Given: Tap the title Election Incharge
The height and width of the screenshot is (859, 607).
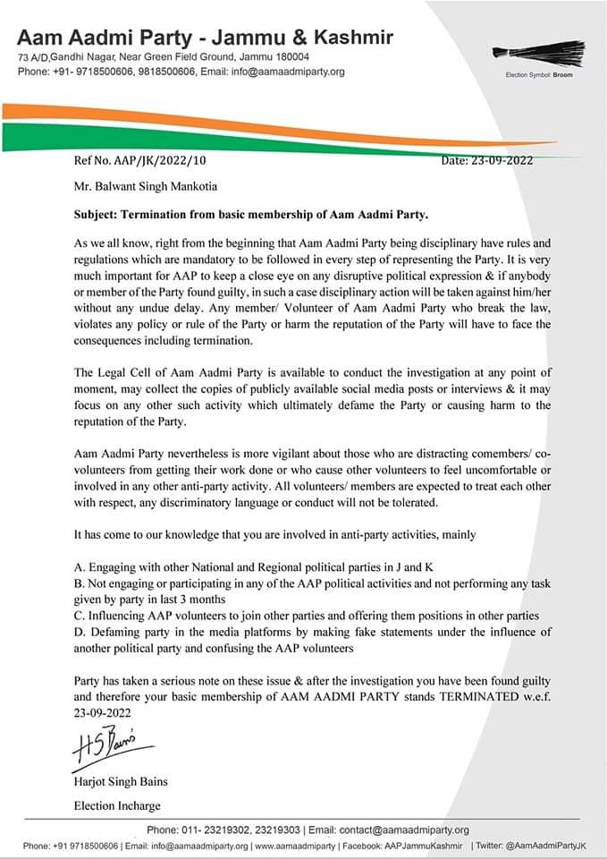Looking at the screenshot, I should click(118, 805).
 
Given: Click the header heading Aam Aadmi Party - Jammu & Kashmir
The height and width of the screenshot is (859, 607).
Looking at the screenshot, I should click(205, 38).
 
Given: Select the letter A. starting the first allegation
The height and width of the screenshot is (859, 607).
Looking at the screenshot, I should click(80, 567).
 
